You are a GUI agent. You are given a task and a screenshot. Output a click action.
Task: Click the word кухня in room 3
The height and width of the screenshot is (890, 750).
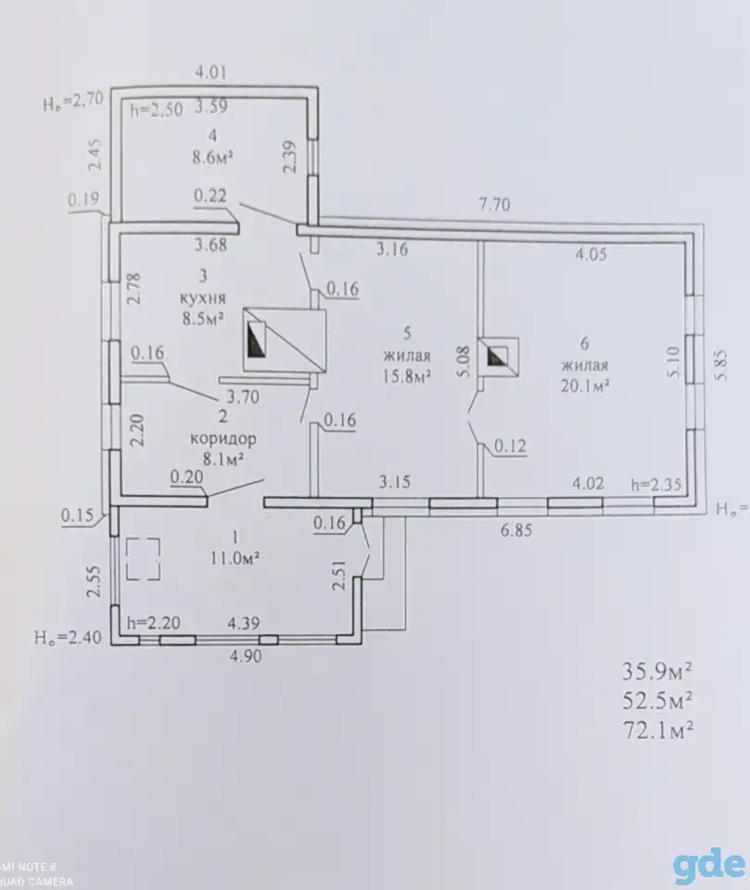coord(203,298)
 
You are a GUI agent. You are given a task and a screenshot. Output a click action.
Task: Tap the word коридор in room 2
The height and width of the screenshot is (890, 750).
coord(223,439)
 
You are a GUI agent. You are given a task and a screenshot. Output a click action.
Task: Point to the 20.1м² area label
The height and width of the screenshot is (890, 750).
coord(585,386)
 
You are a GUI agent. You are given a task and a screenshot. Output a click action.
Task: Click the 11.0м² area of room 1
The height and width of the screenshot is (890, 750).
coord(235,558)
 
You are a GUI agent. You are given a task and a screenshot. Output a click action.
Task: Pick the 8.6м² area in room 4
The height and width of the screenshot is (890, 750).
coord(213,157)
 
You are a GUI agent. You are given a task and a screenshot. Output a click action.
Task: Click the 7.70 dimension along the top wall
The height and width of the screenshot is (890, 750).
coord(494,204)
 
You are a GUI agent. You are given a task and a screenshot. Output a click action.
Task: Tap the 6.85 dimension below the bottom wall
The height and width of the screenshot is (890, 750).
coord(516,530)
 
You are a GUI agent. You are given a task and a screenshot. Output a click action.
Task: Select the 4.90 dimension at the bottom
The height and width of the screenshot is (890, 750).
coord(246,655)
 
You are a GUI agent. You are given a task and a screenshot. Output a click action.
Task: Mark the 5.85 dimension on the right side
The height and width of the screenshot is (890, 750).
coord(720,366)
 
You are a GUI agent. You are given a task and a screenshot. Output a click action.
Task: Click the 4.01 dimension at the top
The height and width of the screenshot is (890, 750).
coord(210,72)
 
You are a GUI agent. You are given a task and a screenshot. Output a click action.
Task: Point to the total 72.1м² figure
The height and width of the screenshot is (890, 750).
coord(658,730)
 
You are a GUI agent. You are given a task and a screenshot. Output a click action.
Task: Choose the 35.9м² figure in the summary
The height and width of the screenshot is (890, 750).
coord(657,671)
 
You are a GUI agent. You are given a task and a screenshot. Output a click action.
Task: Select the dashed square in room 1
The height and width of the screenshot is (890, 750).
coord(143,559)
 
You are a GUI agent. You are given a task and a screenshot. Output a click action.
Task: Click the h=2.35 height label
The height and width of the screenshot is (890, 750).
coord(656,484)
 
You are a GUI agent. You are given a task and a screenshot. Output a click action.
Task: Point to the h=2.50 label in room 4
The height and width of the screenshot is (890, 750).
coord(157,109)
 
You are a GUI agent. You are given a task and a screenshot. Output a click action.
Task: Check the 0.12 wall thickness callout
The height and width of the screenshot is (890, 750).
coord(511,446)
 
